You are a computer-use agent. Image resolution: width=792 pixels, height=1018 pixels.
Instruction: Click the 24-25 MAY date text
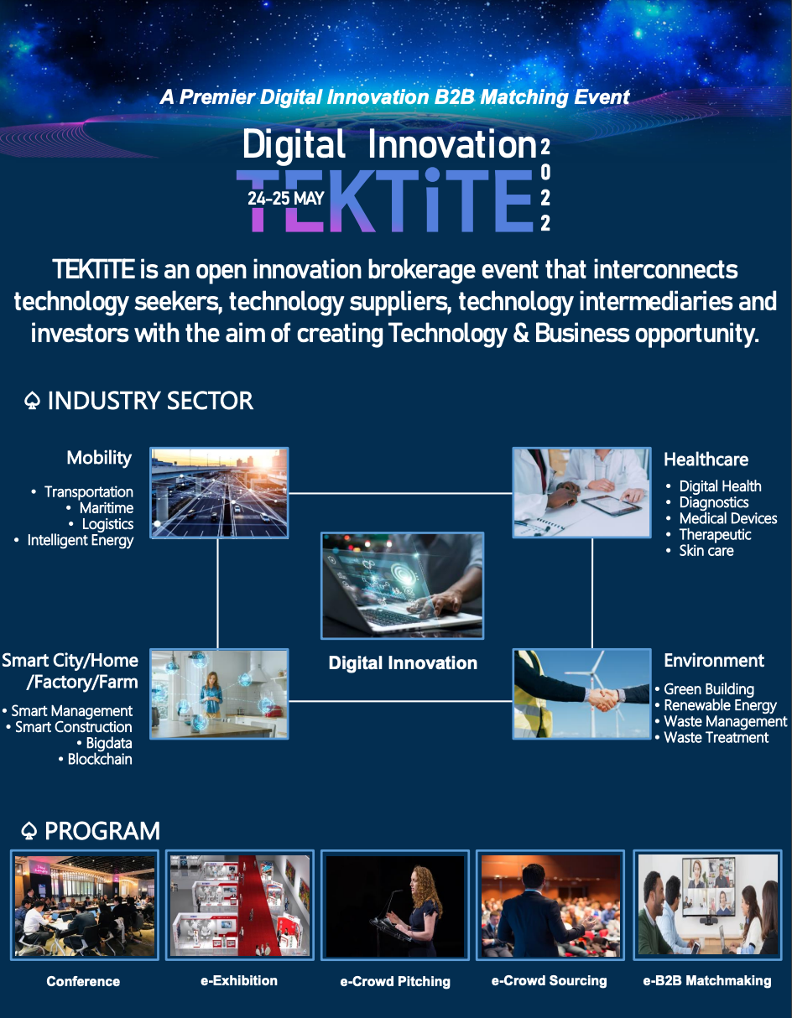[286, 198]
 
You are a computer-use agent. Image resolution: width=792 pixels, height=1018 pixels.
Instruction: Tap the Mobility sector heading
[99, 458]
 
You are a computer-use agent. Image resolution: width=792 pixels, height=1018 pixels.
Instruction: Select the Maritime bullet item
[106, 508]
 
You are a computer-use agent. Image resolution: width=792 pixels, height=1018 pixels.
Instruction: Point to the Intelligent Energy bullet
[81, 540]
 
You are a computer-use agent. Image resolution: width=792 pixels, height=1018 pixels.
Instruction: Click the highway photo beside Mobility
[219, 492]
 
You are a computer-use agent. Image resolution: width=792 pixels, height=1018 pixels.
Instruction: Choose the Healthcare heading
[706, 460]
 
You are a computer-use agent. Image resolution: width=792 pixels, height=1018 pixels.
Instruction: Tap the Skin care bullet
[706, 550]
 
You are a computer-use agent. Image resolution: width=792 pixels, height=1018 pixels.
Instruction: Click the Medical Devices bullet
[728, 518]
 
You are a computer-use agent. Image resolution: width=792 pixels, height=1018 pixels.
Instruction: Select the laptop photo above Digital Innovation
[402, 585]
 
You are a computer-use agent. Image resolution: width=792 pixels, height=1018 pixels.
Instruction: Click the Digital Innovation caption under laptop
[403, 663]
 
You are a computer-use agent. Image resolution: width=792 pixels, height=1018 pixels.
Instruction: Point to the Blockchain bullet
[100, 759]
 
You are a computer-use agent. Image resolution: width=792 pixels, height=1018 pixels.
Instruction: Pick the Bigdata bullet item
[109, 743]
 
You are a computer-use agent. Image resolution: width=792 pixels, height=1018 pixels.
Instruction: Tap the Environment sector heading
[714, 661]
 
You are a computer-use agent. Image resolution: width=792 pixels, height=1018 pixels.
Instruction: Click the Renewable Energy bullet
[720, 705]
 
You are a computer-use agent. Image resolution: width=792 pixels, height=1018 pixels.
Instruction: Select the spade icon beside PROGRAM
[29, 831]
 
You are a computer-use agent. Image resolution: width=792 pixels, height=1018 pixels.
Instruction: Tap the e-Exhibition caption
[239, 980]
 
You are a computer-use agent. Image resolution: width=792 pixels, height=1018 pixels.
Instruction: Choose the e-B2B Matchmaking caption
[707, 980]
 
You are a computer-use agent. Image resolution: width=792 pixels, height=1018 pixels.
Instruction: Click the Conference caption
[83, 981]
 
